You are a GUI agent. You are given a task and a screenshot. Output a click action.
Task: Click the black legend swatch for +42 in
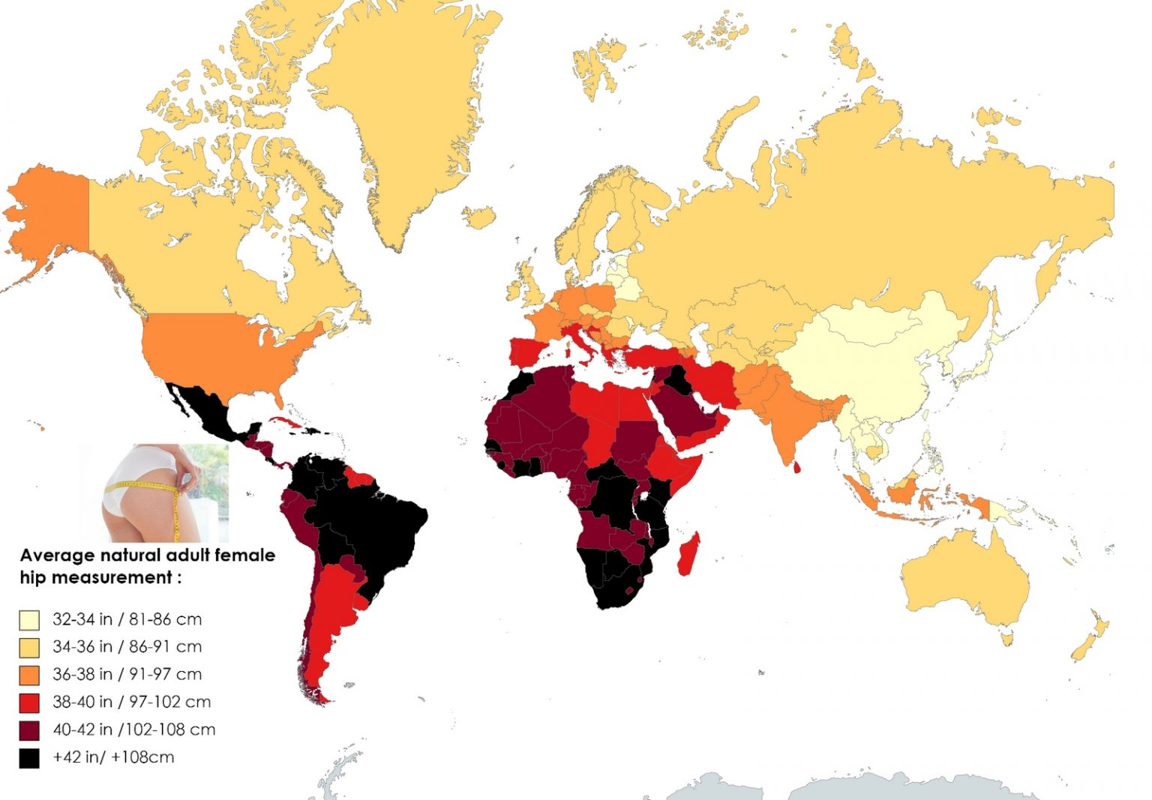pyautogui.click(x=29, y=758)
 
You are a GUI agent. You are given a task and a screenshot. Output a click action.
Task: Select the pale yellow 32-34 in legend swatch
pyautogui.click(x=29, y=620)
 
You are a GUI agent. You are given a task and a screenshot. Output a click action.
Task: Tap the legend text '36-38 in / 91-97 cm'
pyautogui.click(x=127, y=674)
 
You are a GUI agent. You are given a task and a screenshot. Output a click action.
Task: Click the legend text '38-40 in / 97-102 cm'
pyautogui.click(x=131, y=702)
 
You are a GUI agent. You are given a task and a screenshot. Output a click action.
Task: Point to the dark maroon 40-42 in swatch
pyautogui.click(x=29, y=730)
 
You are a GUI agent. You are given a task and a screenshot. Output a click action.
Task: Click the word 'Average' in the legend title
pyautogui.click(x=57, y=556)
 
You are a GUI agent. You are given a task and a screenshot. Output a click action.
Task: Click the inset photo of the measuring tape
pyautogui.click(x=154, y=493)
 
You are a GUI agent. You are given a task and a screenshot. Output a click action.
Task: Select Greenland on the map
pyautogui.click(x=405, y=112)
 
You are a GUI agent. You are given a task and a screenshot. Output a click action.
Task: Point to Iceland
pyautogui.click(x=478, y=217)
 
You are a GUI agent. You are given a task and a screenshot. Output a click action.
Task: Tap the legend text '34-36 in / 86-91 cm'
pyautogui.click(x=127, y=646)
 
